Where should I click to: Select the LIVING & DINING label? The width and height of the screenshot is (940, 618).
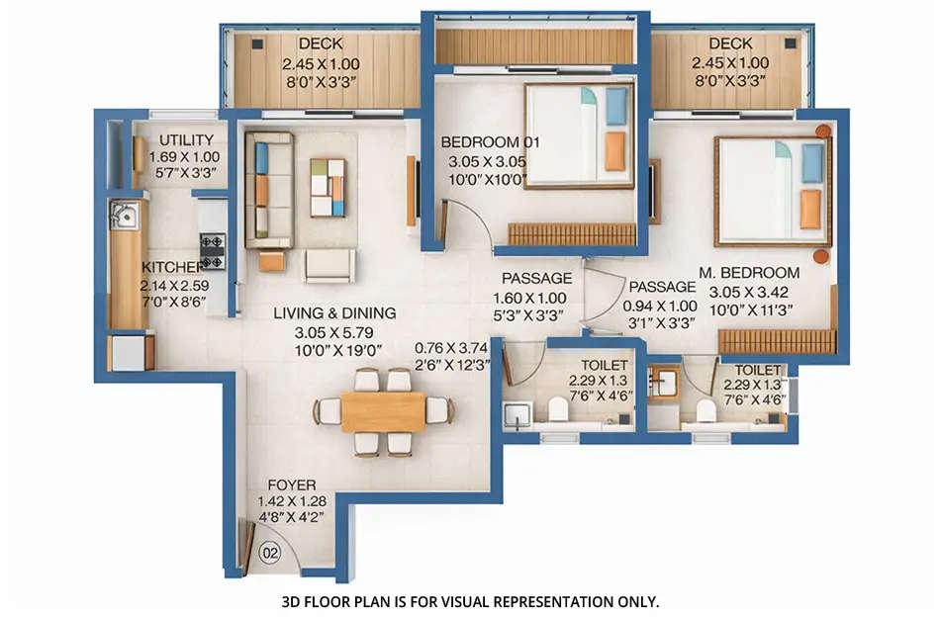334,313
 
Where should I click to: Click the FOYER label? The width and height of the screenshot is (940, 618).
292,486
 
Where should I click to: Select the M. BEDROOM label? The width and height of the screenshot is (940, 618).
749,273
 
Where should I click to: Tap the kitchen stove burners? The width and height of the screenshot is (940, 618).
213,250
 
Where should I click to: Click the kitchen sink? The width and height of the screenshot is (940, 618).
125,213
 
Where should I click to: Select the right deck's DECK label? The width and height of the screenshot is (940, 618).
729,44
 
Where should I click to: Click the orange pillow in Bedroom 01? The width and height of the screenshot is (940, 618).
614,151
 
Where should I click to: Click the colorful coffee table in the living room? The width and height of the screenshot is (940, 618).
328,187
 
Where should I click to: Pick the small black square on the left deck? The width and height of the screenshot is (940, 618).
257,44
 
